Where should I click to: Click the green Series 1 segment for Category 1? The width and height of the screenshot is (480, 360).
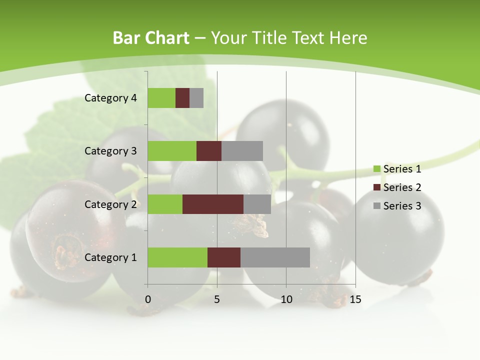tap(177, 257)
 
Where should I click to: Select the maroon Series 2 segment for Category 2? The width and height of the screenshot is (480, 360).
tap(213, 204)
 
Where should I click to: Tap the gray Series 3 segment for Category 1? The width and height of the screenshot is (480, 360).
tap(275, 257)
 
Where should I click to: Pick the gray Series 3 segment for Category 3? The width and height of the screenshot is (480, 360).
tap(242, 151)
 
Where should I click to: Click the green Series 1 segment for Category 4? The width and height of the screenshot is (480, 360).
tap(161, 98)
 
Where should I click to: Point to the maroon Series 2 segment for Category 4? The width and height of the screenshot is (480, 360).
tap(182, 98)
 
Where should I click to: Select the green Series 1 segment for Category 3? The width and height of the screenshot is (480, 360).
tap(172, 151)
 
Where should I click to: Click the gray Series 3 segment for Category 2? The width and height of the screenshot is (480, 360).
tap(257, 204)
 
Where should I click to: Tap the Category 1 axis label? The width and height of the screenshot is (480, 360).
tap(110, 257)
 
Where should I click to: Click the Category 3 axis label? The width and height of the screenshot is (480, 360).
tap(110, 151)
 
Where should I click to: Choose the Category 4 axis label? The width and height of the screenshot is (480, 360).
tap(110, 98)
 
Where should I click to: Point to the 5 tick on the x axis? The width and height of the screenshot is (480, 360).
tap(217, 299)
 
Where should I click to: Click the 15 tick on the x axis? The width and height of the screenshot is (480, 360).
tap(355, 299)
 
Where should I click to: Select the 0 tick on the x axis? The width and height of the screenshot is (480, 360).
tap(148, 299)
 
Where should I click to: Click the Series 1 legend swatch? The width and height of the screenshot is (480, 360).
tap(377, 169)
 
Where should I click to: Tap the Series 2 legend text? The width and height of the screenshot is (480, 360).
tap(402, 187)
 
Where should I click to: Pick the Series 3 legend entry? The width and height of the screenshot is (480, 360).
tap(397, 206)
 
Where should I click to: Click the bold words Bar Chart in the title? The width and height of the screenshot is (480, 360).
tap(150, 38)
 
